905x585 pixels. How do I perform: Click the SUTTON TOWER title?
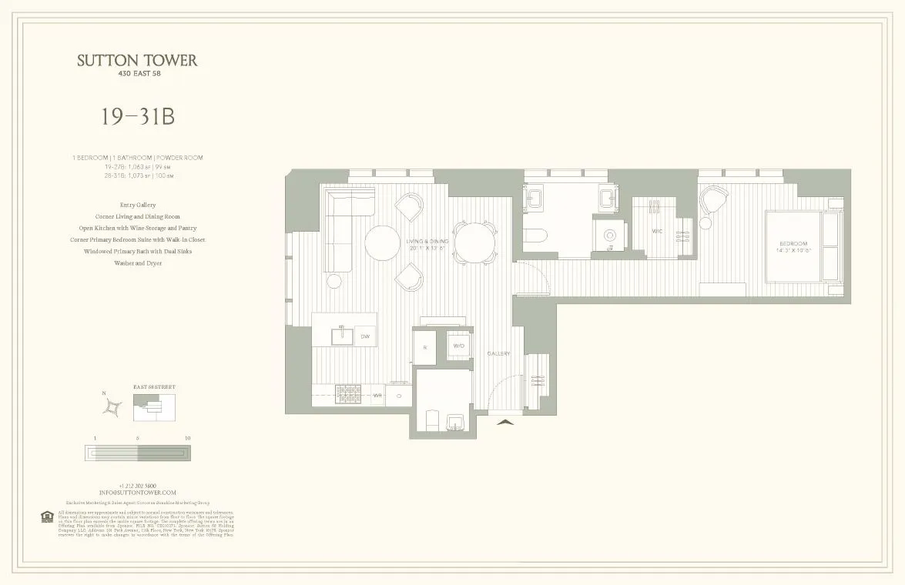137,61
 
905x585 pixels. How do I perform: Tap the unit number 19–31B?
137,116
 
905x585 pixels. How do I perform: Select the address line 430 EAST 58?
137,74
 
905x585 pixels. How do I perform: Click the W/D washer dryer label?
458,346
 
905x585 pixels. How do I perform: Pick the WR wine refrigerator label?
377,396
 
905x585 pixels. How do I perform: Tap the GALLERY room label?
498,353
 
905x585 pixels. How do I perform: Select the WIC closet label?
657,230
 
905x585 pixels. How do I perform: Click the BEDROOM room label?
793,243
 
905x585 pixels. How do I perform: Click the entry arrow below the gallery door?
504,421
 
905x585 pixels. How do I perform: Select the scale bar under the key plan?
137,453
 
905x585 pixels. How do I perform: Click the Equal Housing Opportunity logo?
44,516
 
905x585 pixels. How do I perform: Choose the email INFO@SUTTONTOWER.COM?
137,492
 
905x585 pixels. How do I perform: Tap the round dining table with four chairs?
473,244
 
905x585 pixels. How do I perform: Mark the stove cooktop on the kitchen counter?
348,395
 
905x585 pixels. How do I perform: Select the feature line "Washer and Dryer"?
137,263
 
